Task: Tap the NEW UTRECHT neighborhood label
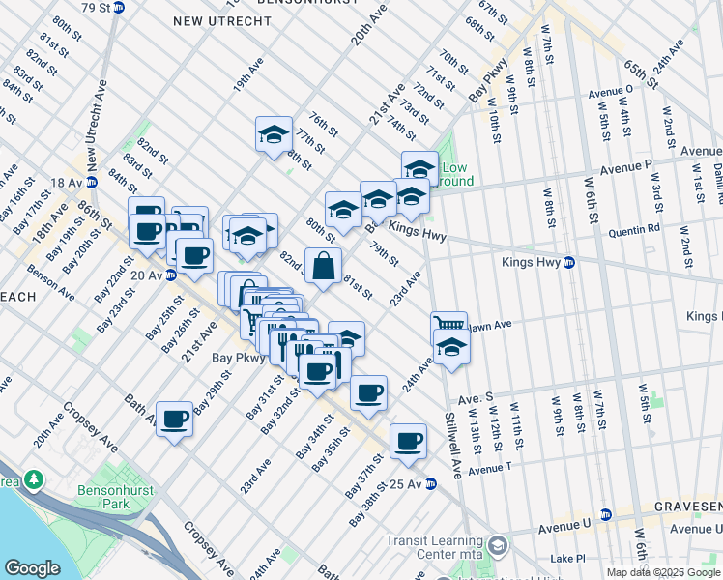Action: pyautogui.click(x=209, y=20)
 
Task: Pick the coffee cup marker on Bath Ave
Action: pyautogui.click(x=174, y=419)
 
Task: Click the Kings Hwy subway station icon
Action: pyautogui.click(x=569, y=262)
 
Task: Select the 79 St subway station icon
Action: pyautogui.click(x=119, y=7)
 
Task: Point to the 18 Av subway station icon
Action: pyautogui.click(x=92, y=182)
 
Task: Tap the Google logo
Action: pyautogui.click(x=32, y=568)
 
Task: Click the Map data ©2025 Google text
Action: pyautogui.click(x=664, y=572)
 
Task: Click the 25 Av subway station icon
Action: pyautogui.click(x=431, y=483)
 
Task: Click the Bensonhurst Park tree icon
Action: pyautogui.click(x=34, y=478)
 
